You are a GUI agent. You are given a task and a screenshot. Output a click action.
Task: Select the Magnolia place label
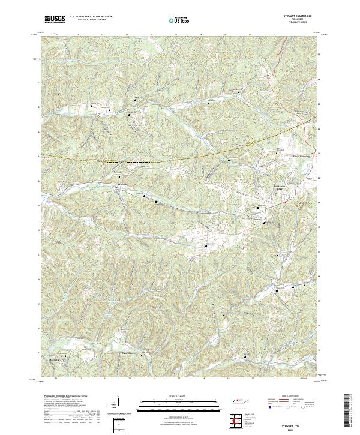[54, 360]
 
